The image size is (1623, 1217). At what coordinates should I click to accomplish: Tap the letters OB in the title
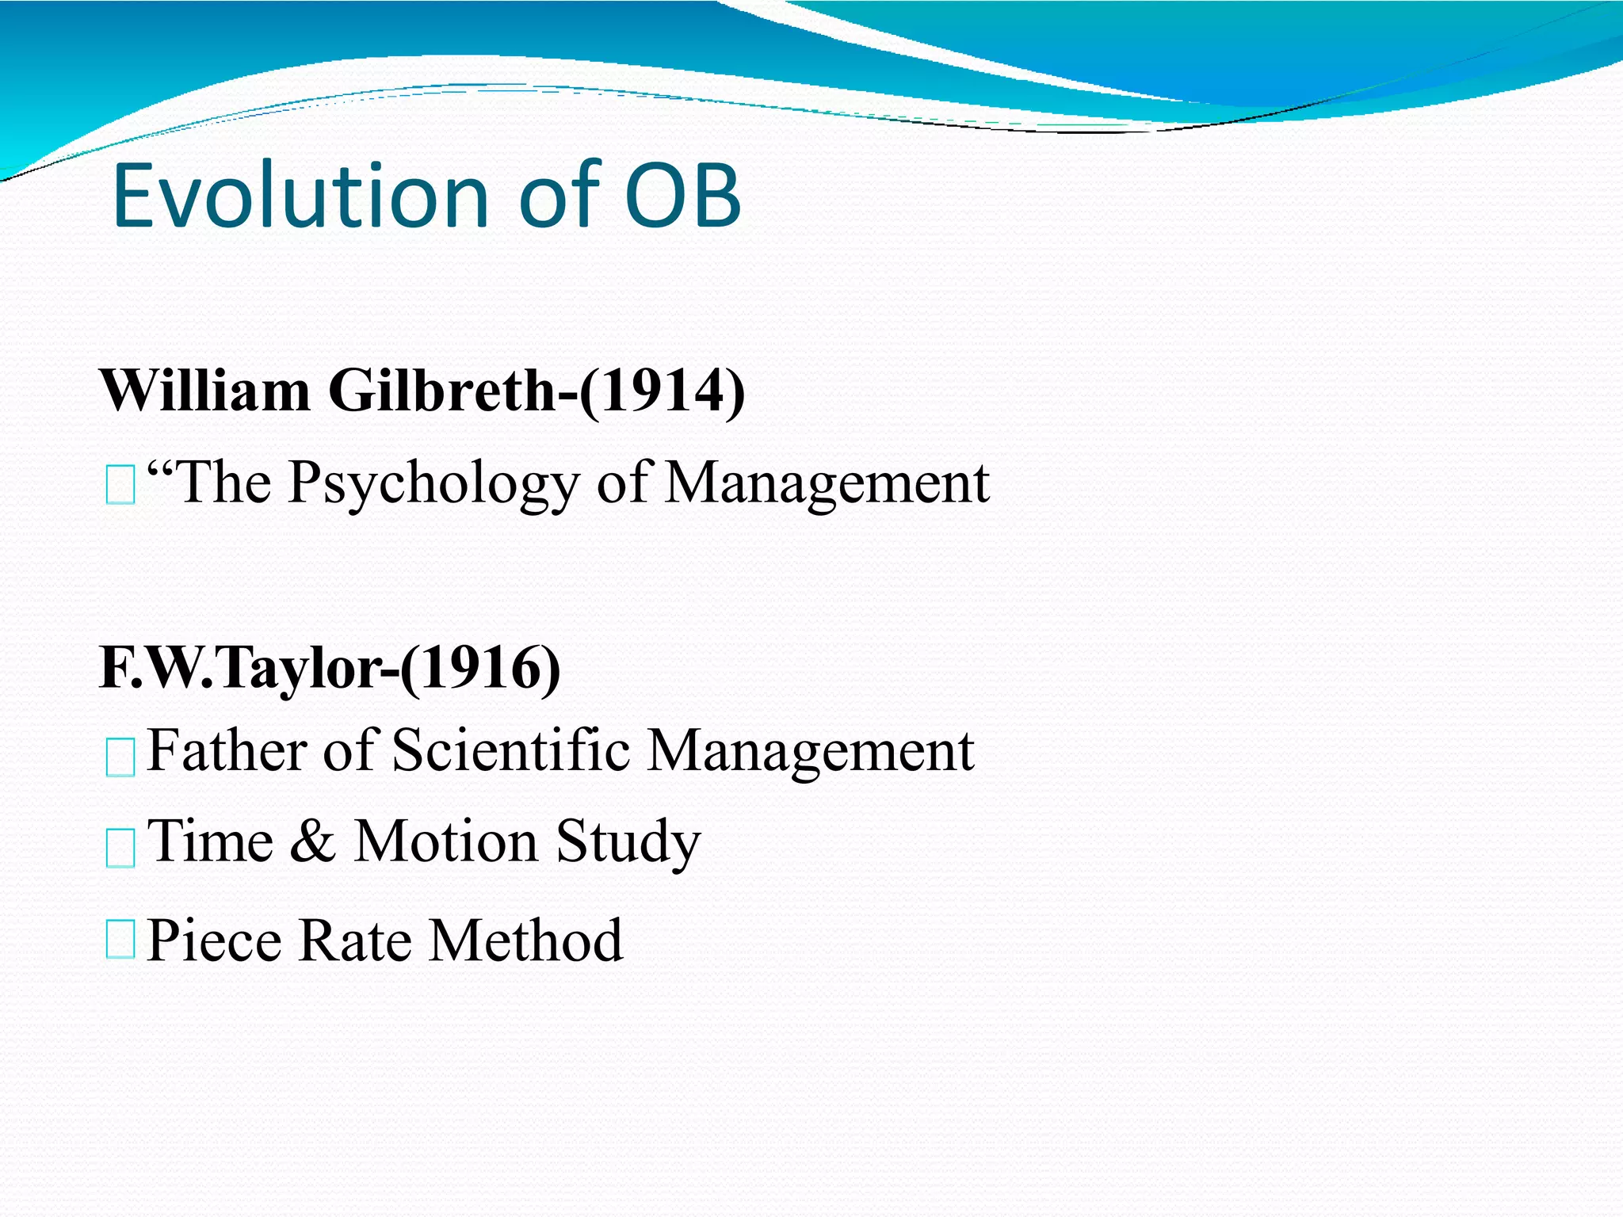click(683, 196)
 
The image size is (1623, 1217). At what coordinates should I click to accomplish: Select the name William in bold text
click(204, 391)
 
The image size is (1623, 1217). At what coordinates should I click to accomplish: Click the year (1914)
click(662, 391)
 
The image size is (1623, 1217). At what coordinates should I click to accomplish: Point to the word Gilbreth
click(442, 391)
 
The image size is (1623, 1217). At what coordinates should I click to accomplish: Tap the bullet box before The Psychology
click(120, 485)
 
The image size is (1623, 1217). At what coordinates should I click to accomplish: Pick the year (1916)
click(480, 668)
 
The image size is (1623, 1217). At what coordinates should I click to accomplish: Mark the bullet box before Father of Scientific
click(120, 756)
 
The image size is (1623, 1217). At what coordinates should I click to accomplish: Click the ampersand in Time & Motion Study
click(312, 841)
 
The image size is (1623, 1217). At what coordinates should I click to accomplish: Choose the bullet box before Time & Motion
click(120, 848)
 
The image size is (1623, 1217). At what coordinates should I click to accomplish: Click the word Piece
click(214, 940)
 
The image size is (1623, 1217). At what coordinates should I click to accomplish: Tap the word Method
click(525, 940)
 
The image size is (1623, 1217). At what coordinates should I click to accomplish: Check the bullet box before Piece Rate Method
click(120, 939)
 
